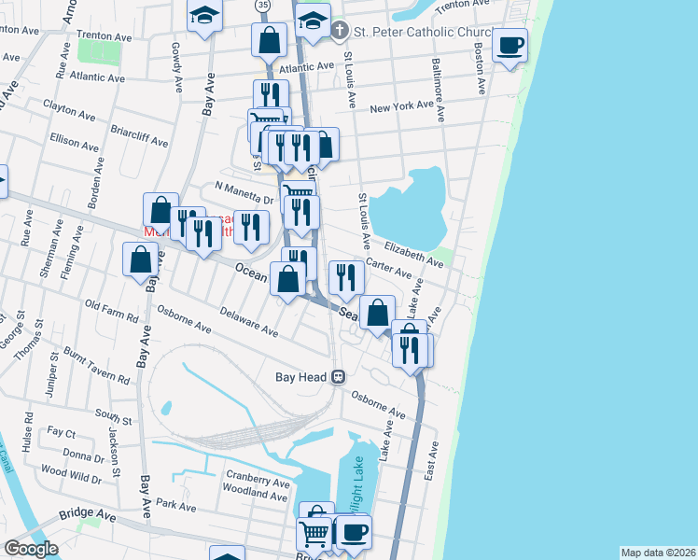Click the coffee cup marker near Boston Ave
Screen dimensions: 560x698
[510, 46]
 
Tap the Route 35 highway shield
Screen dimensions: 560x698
[263, 6]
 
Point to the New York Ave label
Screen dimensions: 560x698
[402, 108]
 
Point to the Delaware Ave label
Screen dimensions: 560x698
[249, 324]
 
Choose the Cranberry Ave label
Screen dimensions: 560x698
[257, 481]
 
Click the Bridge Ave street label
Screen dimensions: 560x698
[87, 514]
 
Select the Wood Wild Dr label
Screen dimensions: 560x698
[71, 474]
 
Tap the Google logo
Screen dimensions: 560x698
[31, 549]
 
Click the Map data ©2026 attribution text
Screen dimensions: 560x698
[657, 553]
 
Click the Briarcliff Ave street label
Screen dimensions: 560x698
[139, 137]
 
